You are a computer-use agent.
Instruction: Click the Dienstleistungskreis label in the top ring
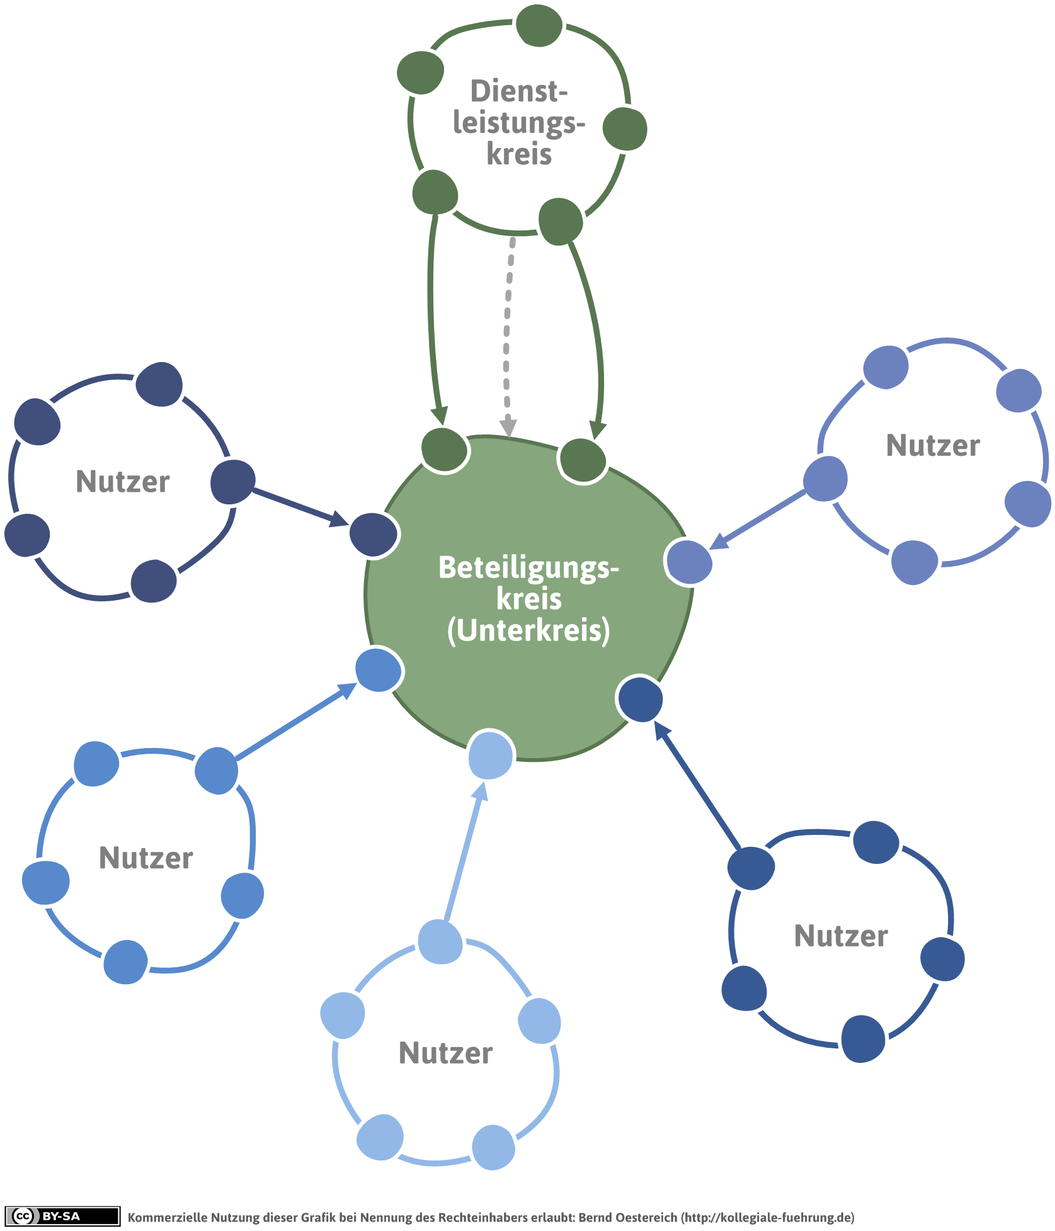pos(520,122)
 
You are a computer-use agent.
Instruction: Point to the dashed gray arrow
pos(508,337)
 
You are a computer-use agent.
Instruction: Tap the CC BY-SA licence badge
pos(62,1216)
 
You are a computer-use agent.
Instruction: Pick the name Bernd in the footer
pos(596,1217)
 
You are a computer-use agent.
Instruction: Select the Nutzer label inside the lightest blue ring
pos(446,1053)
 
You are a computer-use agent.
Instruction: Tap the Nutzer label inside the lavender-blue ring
pos(933,446)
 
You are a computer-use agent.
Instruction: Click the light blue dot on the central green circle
pos(491,754)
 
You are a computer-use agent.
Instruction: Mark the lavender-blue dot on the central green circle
pos(689,562)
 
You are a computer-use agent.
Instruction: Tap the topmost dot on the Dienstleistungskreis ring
pos(539,25)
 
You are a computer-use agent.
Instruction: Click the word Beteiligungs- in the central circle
pos(528,567)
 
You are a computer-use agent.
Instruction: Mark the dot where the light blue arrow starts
pos(441,942)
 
